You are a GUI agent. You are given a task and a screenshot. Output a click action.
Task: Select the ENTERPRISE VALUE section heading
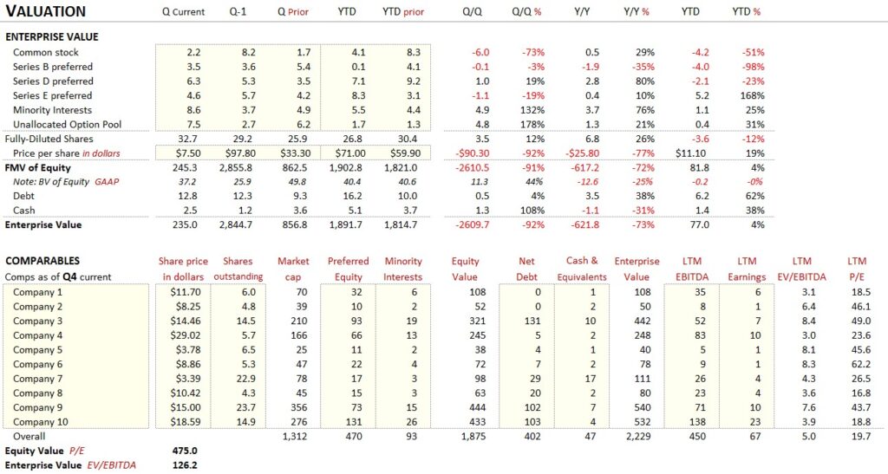coord(52,37)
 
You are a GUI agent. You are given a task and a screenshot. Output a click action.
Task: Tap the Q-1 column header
coord(238,12)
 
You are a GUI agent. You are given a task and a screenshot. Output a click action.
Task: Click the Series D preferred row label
coord(53,81)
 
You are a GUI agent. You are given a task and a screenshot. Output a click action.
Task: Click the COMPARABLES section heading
coord(42,261)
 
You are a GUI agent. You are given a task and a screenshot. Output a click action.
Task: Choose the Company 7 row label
coord(38,379)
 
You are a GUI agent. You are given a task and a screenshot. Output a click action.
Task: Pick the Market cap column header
coord(293,269)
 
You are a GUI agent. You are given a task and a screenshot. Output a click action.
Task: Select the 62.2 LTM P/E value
coord(860,364)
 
